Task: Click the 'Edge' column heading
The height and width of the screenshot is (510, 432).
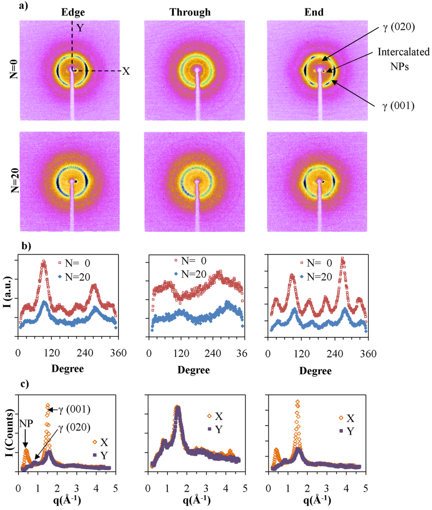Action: point(73,12)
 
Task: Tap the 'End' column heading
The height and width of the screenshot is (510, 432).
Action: point(314,12)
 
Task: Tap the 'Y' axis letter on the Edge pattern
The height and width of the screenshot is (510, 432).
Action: point(80,28)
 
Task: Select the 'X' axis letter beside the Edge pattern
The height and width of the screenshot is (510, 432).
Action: point(126,71)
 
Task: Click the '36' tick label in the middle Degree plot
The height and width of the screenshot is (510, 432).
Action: point(242,353)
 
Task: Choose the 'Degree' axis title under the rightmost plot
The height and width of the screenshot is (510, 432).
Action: point(316,370)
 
